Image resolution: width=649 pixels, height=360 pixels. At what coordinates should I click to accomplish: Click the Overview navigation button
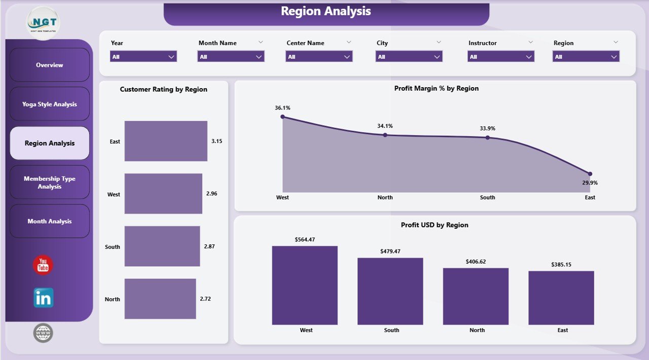[x=50, y=65]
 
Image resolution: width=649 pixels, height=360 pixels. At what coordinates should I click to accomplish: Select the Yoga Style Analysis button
[x=50, y=104]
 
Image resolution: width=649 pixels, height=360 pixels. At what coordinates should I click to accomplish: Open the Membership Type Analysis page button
[x=50, y=183]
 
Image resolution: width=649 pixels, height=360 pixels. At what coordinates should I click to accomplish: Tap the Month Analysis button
[x=50, y=221]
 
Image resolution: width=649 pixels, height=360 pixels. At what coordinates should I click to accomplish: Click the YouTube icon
[x=43, y=265]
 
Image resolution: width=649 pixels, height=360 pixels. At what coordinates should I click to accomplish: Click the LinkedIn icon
[x=44, y=298]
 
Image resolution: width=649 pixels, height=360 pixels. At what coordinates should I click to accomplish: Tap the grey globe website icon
[x=43, y=333]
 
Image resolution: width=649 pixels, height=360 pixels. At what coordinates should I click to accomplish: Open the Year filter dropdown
[x=143, y=57]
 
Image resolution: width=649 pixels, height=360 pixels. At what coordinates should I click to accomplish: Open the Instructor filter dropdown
[x=500, y=57]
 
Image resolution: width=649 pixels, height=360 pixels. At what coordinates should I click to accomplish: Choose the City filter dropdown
[x=409, y=57]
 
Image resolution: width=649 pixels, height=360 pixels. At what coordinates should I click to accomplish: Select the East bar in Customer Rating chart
[x=166, y=141]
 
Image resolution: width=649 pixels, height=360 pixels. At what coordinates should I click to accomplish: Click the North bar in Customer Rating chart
[x=160, y=299]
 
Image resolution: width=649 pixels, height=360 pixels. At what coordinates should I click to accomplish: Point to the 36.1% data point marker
[x=283, y=117]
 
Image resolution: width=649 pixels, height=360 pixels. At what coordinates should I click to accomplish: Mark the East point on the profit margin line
[x=590, y=174]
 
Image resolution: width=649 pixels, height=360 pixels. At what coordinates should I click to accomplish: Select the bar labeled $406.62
[x=476, y=296]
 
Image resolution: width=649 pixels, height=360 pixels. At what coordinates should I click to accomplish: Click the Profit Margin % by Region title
[x=436, y=88]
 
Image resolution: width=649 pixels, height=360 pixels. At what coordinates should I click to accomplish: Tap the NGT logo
[x=43, y=23]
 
